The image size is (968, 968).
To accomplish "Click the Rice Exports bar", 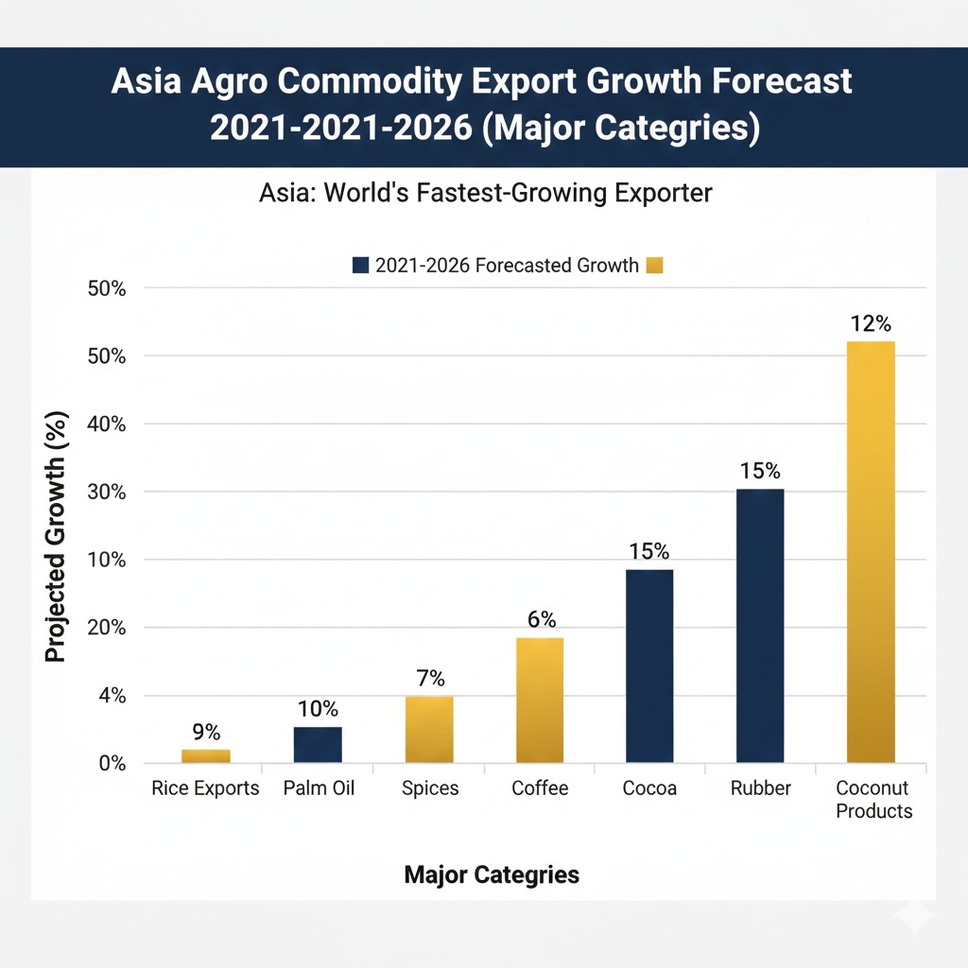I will [205, 755].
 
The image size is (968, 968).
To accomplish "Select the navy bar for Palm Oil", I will [318, 744].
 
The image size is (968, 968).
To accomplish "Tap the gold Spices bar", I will [429, 729].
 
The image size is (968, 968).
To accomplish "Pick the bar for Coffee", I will [540, 700].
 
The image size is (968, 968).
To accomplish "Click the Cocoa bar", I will [649, 665].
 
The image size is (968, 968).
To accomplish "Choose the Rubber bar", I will [760, 625].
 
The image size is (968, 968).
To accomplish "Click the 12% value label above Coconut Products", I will [871, 323].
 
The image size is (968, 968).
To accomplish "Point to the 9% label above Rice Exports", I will [205, 732].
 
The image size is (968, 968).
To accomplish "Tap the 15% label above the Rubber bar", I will [760, 471].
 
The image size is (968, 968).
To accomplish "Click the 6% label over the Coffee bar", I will [541, 620].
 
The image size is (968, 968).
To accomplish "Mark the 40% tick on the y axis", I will [107, 424].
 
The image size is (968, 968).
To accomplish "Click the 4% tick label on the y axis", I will [112, 696].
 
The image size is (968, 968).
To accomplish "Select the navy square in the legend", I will [360, 267].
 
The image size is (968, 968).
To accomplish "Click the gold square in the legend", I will [654, 267].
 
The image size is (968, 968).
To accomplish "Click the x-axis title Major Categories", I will [491, 874].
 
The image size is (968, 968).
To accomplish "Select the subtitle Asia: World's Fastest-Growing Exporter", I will [484, 194].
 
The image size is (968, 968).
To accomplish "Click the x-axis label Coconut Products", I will [873, 800].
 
